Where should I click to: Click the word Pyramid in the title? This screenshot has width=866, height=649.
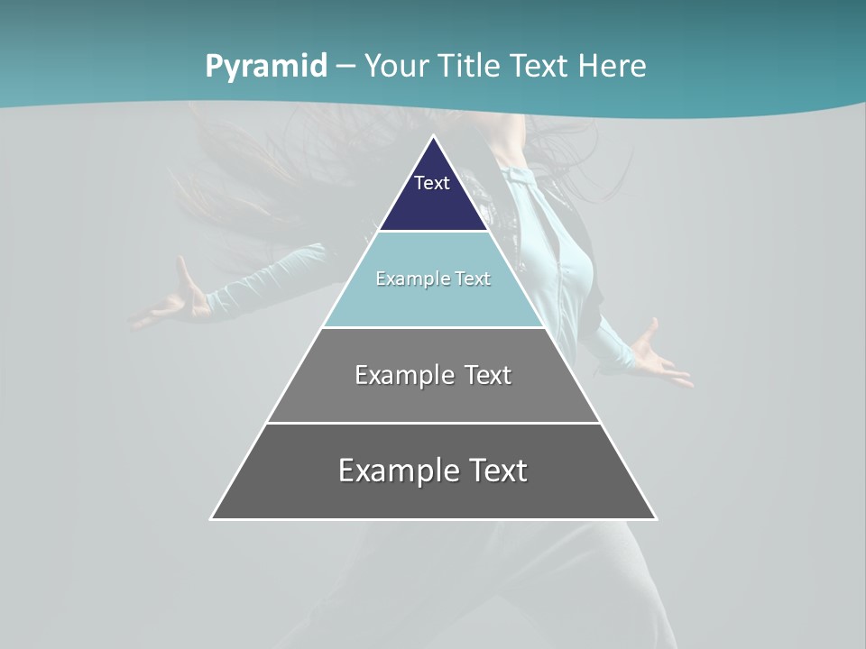(266, 67)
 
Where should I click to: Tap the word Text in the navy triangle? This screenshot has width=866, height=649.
(432, 183)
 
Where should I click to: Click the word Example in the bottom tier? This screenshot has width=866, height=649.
(397, 471)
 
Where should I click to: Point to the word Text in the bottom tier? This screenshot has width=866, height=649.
(494, 471)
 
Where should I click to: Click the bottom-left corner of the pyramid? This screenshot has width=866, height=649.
(212, 518)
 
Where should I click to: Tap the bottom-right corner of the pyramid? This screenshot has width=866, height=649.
(656, 518)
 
